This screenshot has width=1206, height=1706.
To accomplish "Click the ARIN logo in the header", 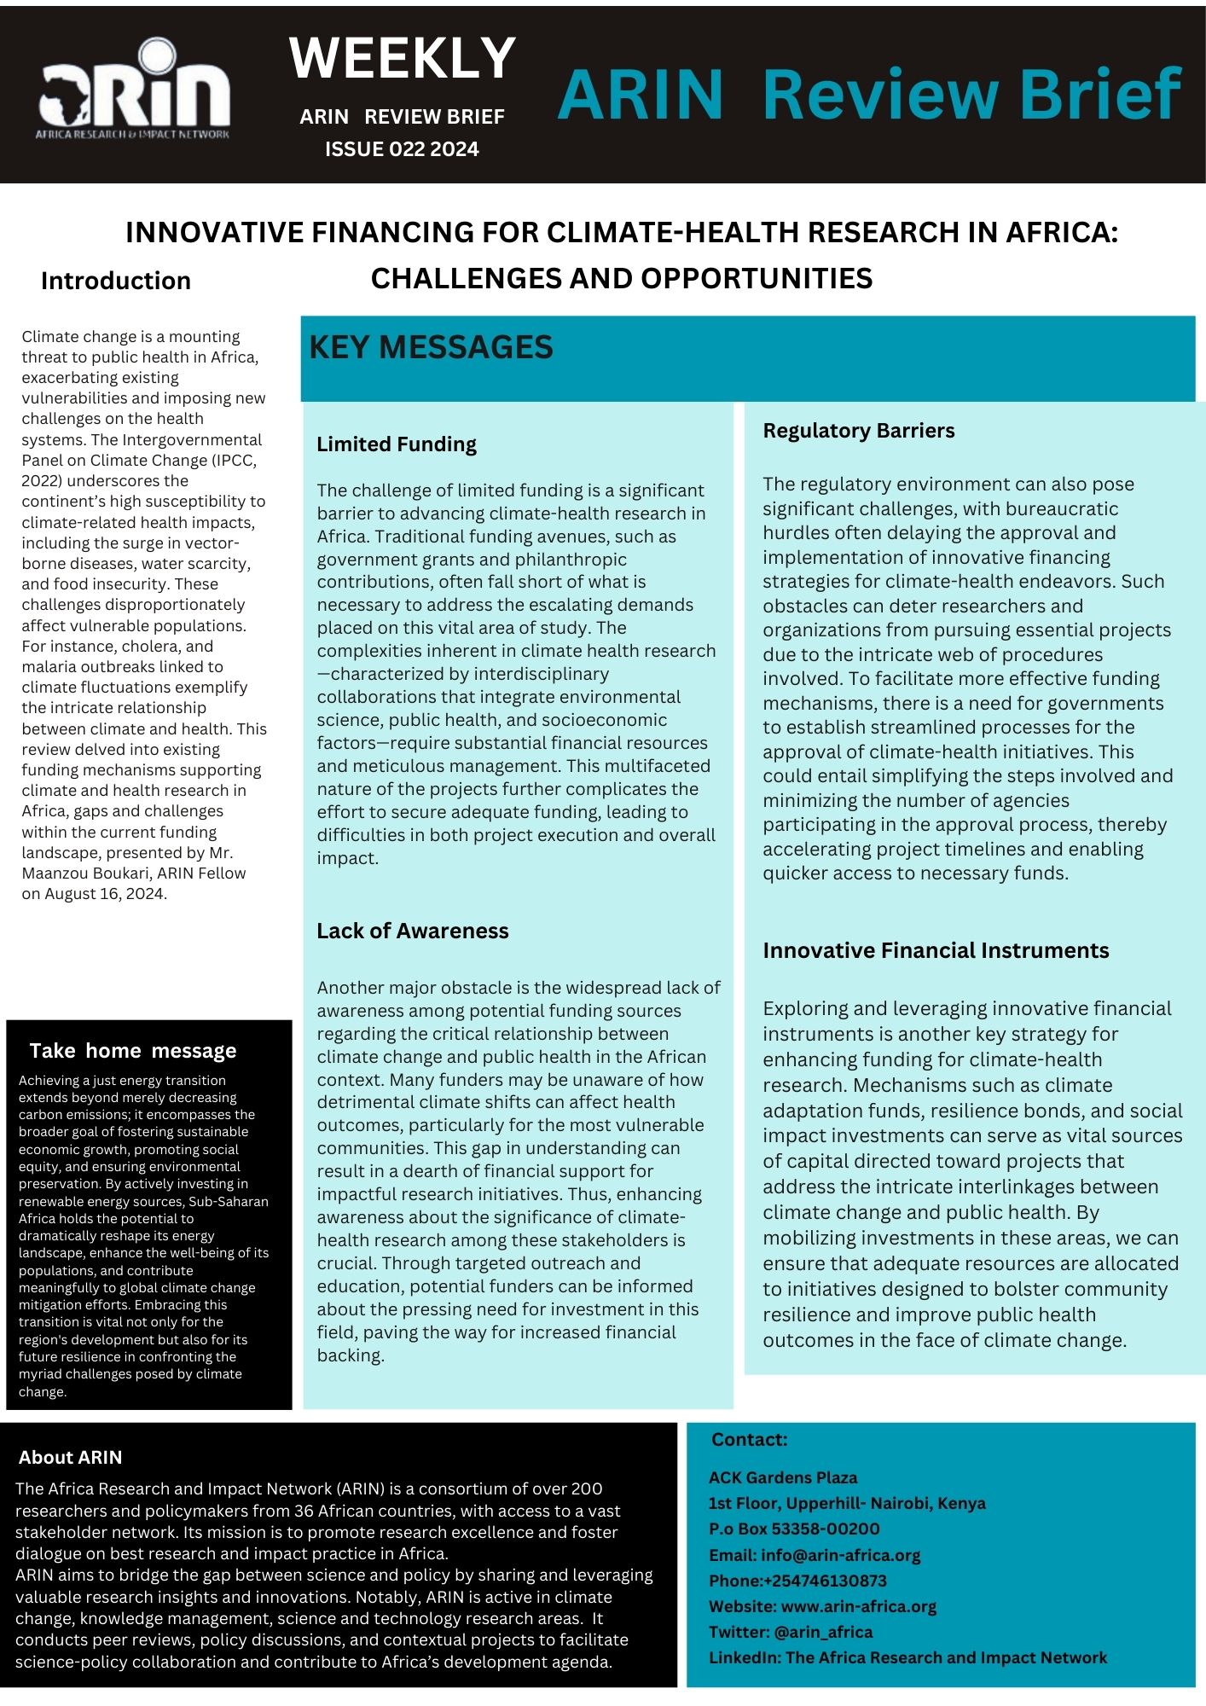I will pyautogui.click(x=134, y=89).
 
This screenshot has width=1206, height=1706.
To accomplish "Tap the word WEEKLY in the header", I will pyautogui.click(x=402, y=58).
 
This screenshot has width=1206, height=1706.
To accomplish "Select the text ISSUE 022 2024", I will pyautogui.click(x=402, y=149).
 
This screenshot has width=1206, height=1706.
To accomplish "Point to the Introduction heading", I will pyautogui.click(x=116, y=281).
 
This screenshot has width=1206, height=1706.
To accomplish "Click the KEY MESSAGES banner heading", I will pyautogui.click(x=431, y=347).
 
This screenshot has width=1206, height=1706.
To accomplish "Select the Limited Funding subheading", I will pyautogui.click(x=397, y=444).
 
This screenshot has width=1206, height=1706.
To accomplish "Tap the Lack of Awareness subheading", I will pyautogui.click(x=412, y=931).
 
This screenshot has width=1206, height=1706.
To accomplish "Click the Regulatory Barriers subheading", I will pyautogui.click(x=858, y=431).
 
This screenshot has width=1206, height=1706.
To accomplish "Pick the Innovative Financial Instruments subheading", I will pyautogui.click(x=936, y=950).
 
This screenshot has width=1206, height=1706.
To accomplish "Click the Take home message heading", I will pyautogui.click(x=133, y=1051).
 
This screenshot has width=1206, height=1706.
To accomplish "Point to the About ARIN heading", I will pyautogui.click(x=71, y=1457).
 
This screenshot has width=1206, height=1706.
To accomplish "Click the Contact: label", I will pyautogui.click(x=749, y=1439).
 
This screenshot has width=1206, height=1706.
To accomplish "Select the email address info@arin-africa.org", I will pyautogui.click(x=840, y=1555).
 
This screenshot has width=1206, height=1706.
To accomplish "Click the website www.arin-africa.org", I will pyautogui.click(x=858, y=1606).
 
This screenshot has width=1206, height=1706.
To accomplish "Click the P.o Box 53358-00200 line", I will pyautogui.click(x=794, y=1529).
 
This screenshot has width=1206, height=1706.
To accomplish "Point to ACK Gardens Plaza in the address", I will pyautogui.click(x=783, y=1477).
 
